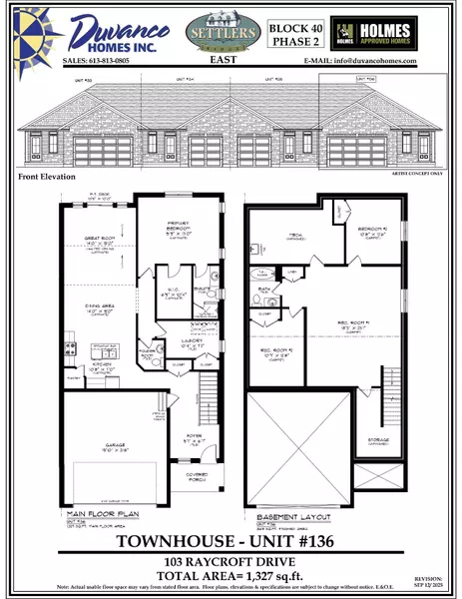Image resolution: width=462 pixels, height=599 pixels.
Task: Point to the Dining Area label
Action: pos(93,311)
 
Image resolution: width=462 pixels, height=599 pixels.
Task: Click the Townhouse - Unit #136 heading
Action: pos(231,542)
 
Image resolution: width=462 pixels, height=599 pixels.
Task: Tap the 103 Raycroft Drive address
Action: pos(231,562)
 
